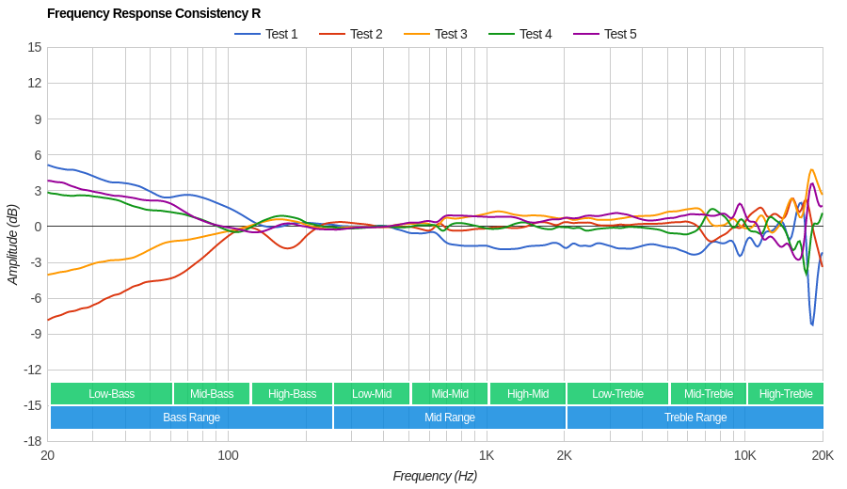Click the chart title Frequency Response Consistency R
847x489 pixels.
point(153,13)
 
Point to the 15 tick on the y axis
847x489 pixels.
point(35,47)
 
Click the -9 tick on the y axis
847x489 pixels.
point(35,334)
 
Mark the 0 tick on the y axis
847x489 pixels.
point(38,227)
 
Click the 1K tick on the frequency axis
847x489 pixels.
point(486,456)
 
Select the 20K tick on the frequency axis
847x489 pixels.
point(823,456)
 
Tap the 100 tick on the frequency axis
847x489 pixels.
point(228,456)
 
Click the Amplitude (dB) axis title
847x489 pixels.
point(12,244)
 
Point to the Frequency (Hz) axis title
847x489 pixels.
point(435,476)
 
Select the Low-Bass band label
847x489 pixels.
point(111,394)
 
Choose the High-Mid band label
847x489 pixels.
point(527,394)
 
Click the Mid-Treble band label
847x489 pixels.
point(708,394)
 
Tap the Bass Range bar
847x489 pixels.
point(191,418)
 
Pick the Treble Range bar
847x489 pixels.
point(695,418)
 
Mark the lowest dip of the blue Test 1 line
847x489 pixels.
point(812,325)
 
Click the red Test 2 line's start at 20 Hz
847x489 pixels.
point(48,320)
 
